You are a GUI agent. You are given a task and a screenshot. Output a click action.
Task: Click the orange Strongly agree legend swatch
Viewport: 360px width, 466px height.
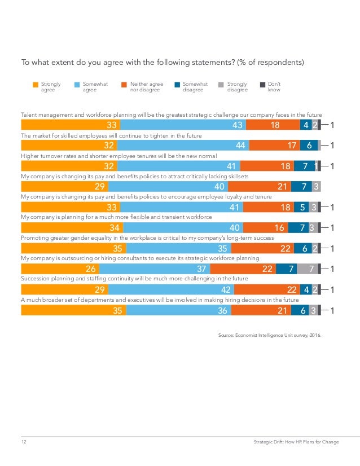[36, 85]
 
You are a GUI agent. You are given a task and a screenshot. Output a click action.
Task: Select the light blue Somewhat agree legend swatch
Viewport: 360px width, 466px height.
[77, 85]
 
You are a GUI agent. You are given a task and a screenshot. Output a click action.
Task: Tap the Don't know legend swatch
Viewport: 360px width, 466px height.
[262, 85]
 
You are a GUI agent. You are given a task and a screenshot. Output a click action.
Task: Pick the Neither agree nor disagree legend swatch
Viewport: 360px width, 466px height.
[125, 85]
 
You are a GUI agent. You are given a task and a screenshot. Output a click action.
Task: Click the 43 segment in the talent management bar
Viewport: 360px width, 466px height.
[183, 125]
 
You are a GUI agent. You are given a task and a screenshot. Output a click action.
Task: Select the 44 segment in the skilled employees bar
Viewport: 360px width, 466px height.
[183, 146]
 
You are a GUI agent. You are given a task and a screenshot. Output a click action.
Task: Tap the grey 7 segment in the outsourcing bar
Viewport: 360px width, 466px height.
[308, 269]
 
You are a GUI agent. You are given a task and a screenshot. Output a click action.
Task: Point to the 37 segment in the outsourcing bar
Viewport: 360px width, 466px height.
[151, 269]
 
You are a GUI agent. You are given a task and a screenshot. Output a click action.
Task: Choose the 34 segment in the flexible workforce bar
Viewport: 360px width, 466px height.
[72, 228]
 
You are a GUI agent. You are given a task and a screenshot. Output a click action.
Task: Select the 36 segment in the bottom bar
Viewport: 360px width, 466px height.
[179, 310]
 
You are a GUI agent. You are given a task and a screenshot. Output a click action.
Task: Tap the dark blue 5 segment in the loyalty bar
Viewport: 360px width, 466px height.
[301, 207]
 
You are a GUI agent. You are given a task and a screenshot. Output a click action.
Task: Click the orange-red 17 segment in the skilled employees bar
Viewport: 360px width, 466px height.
[275, 146]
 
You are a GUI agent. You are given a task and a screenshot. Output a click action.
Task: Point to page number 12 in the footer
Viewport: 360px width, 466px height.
[24, 442]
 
